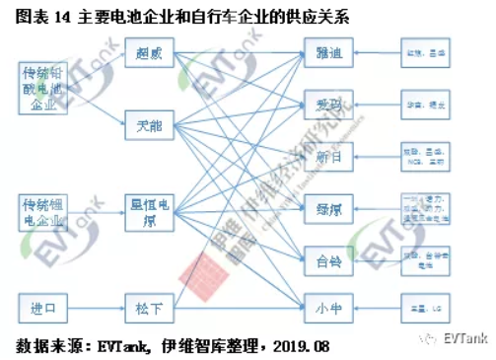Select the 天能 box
point(149,124)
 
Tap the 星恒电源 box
point(149,212)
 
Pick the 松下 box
point(149,309)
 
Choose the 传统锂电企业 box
point(44,212)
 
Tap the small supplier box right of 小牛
point(429,309)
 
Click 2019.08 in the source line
point(302,346)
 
